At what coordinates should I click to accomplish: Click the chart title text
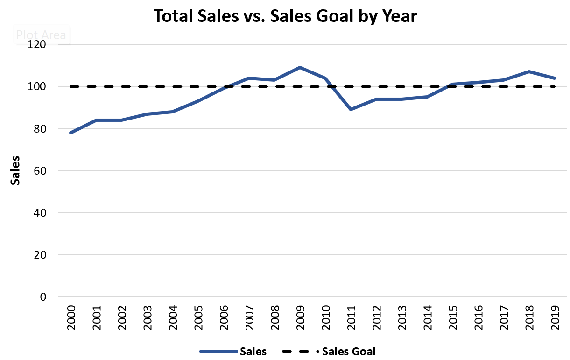(x=285, y=16)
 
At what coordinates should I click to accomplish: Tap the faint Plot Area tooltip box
(x=41, y=35)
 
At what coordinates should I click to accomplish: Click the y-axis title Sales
(x=15, y=171)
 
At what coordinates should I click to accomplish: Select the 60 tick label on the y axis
(x=40, y=171)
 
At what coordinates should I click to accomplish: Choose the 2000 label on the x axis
(x=71, y=317)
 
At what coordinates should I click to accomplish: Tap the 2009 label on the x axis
(x=300, y=317)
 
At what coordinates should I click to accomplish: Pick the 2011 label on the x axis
(x=351, y=317)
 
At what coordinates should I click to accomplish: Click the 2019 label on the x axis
(x=554, y=317)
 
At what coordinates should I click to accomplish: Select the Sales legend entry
(x=233, y=351)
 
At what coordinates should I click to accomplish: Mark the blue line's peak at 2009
(x=300, y=68)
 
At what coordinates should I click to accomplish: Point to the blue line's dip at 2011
(x=351, y=109)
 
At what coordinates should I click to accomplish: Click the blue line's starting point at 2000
(x=71, y=133)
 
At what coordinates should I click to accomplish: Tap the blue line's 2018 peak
(x=529, y=72)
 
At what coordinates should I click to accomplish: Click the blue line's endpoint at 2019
(x=554, y=78)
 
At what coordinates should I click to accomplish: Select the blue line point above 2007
(x=249, y=78)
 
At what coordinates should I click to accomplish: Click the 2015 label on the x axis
(x=452, y=317)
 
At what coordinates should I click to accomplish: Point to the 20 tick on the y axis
(x=40, y=255)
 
